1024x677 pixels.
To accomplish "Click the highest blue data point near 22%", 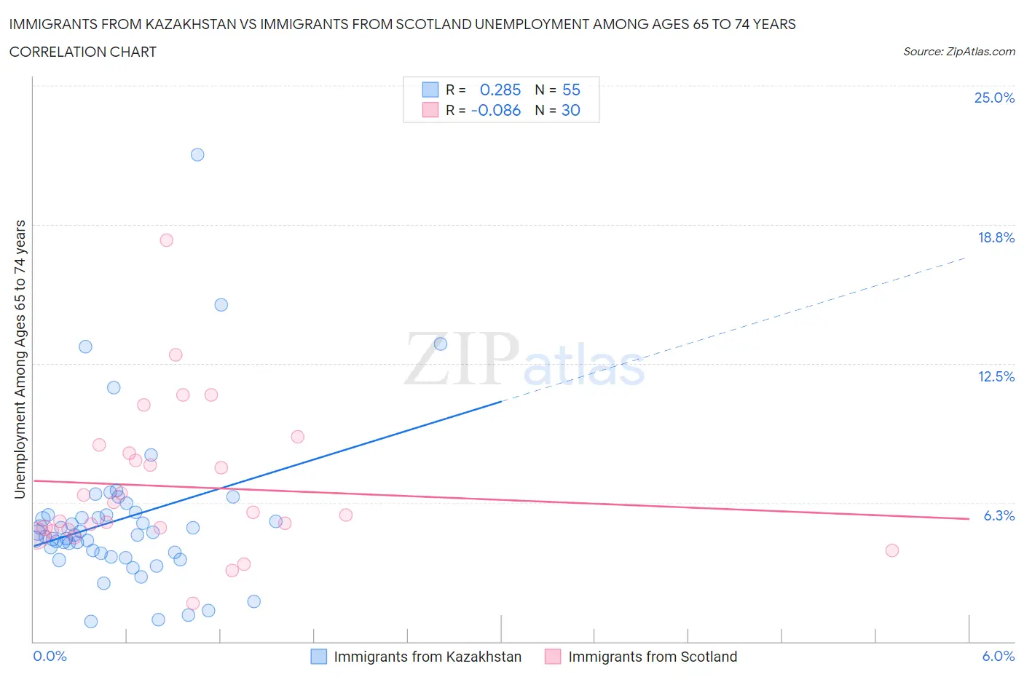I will tap(197, 154).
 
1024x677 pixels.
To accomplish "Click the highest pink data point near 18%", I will tap(167, 240).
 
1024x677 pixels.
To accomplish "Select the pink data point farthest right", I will tap(892, 550).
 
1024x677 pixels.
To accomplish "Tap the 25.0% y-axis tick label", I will tap(994, 98).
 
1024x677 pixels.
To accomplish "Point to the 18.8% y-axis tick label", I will tap(996, 238).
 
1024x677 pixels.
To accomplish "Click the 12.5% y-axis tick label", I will tap(996, 377).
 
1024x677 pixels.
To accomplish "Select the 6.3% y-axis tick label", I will tap(999, 516).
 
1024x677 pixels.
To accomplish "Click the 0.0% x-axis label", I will tap(50, 657).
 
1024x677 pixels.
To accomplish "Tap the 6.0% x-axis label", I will tap(998, 657).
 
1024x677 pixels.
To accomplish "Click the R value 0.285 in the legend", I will tap(500, 90).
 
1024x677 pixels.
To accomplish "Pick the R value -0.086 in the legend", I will tap(496, 111).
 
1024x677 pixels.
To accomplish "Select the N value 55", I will tap(571, 90).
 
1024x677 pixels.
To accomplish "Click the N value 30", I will tap(571, 111).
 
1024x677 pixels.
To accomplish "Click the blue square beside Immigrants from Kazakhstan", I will tap(319, 657).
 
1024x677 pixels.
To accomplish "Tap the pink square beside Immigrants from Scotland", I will tap(554, 657).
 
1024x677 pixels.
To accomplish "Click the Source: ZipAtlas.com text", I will tap(958, 52).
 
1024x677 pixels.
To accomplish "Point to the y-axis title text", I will tap(20, 360).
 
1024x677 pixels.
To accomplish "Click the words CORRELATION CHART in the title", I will tap(83, 52).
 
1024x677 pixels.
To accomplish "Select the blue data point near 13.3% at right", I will tap(441, 344).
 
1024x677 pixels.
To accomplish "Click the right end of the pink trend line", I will tap(969, 518).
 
